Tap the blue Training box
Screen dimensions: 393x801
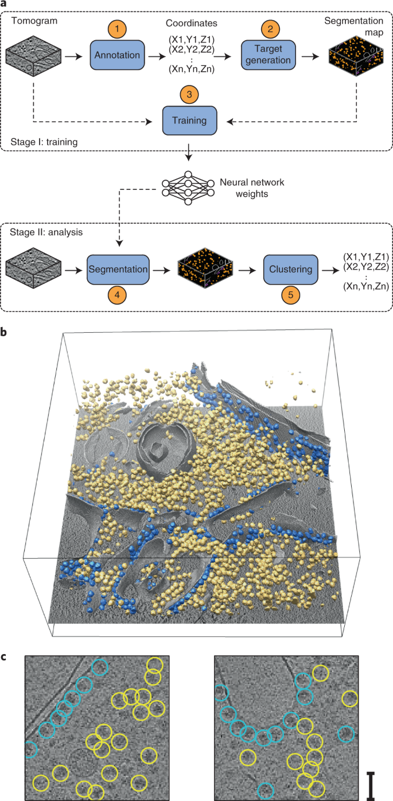click(x=192, y=120)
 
